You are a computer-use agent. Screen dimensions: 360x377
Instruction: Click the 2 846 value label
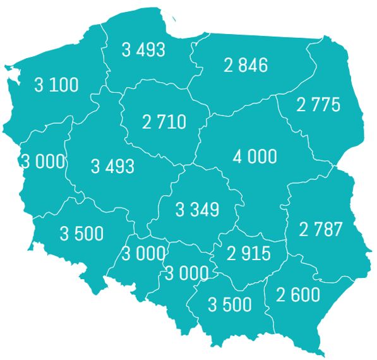coord(246,64)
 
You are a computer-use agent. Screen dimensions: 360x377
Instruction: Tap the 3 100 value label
coord(57,85)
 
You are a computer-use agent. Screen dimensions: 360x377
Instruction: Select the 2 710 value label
coord(164,121)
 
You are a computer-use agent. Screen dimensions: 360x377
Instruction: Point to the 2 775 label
coord(318,104)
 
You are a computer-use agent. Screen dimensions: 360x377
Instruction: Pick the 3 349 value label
coord(197,210)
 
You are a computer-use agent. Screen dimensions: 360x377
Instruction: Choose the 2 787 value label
coord(321,229)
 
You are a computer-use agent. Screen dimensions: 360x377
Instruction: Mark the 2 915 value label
coord(248,254)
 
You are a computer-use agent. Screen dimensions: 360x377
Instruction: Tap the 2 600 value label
coord(298,294)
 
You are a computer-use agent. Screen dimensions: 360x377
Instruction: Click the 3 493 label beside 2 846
coord(143,49)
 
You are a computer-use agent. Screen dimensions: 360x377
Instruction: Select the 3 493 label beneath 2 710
coord(112,166)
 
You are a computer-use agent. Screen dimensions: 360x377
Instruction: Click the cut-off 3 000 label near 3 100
coord(43,161)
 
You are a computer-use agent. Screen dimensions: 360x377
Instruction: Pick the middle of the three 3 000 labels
coord(143,254)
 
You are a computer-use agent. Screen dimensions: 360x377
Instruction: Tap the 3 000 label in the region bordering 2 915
coord(187,273)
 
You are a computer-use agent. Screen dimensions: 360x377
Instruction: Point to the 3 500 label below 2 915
coord(230,304)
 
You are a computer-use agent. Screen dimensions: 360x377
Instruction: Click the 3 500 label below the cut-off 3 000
coord(81,233)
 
